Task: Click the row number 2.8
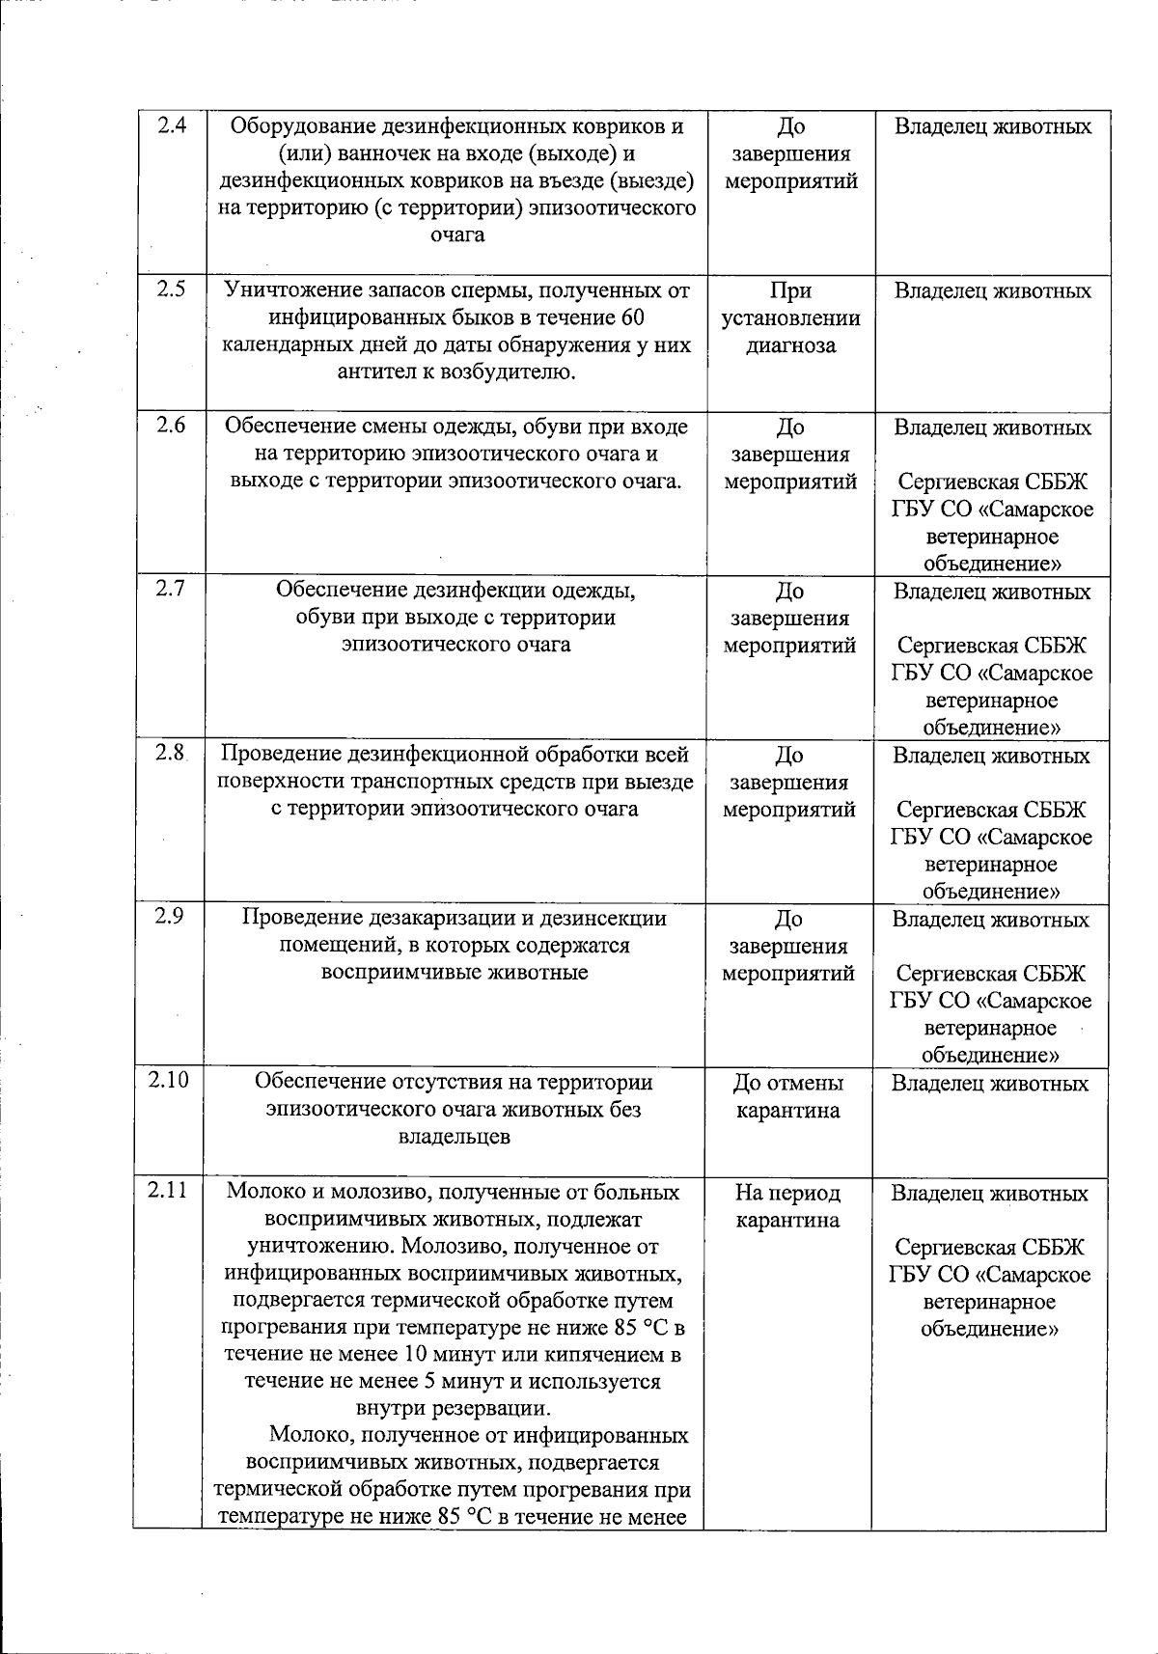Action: [170, 754]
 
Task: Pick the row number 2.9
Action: [170, 918]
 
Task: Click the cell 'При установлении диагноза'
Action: [790, 318]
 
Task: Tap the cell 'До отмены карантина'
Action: [788, 1096]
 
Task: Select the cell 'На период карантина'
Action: [787, 1206]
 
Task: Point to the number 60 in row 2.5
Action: [631, 317]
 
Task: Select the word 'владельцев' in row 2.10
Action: [455, 1137]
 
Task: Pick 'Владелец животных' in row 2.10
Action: [990, 1084]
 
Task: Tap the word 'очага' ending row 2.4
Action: [457, 234]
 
